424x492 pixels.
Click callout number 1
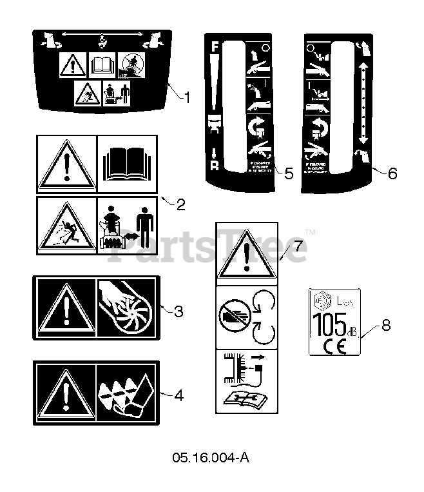(187, 98)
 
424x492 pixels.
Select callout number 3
(178, 311)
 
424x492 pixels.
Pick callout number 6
(392, 173)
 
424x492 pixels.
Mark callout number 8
(385, 324)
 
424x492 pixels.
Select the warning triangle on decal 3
(65, 308)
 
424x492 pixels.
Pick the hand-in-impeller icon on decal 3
(124, 308)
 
